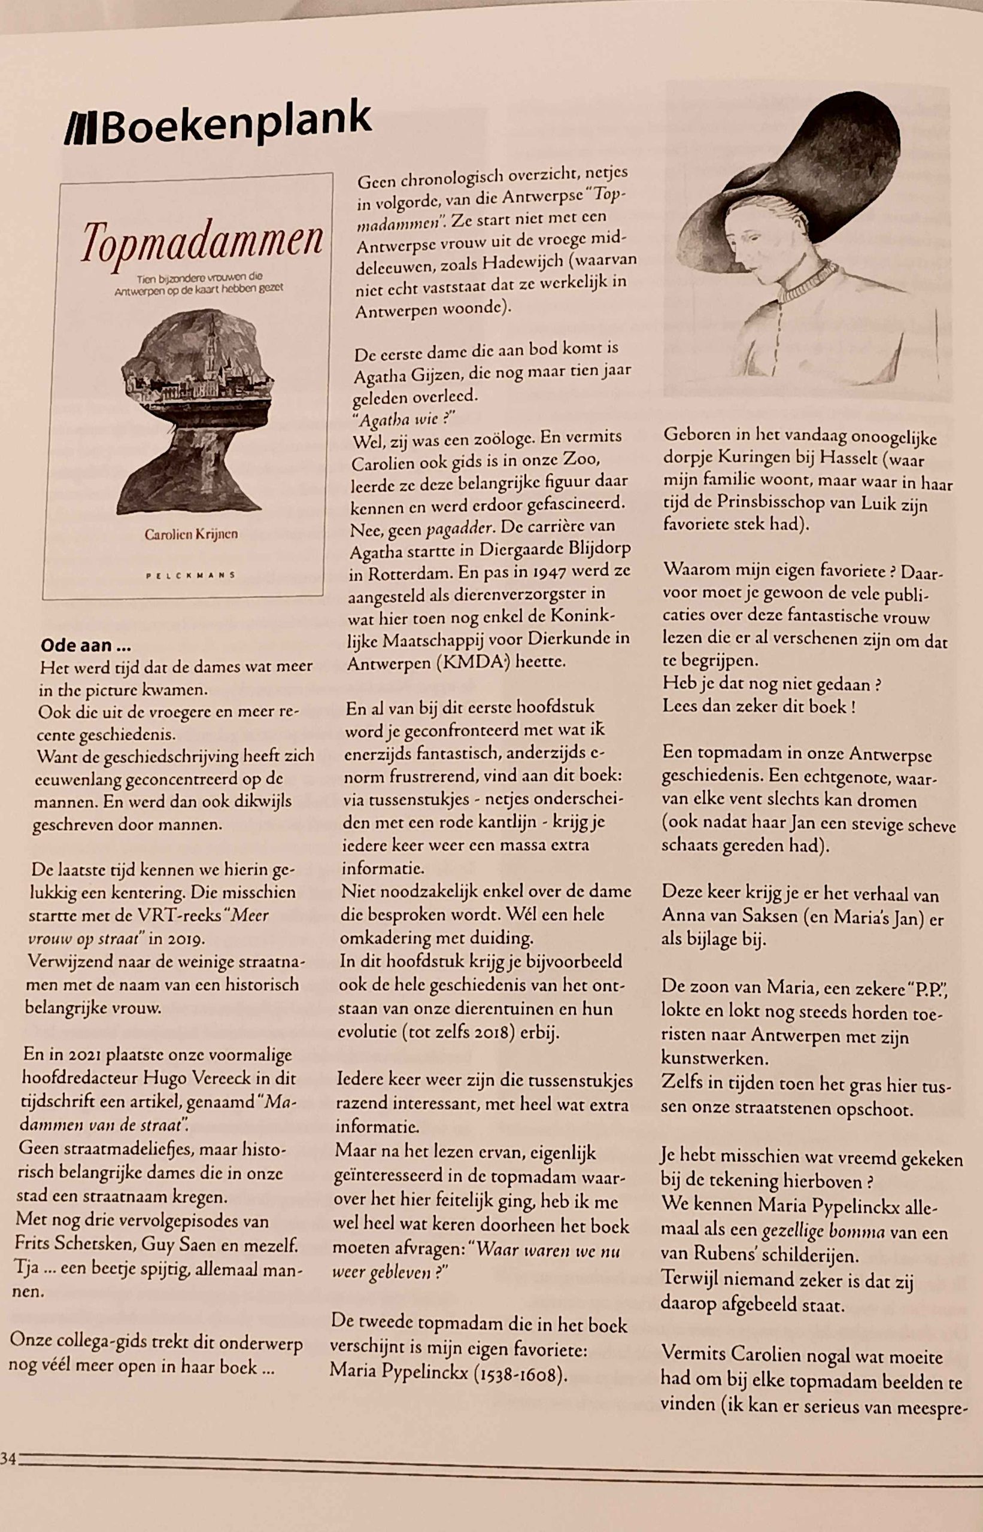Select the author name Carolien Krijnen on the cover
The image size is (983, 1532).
pyautogui.click(x=191, y=534)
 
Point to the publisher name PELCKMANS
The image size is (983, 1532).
pyautogui.click(x=191, y=574)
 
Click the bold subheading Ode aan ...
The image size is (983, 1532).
pyautogui.click(x=86, y=645)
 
